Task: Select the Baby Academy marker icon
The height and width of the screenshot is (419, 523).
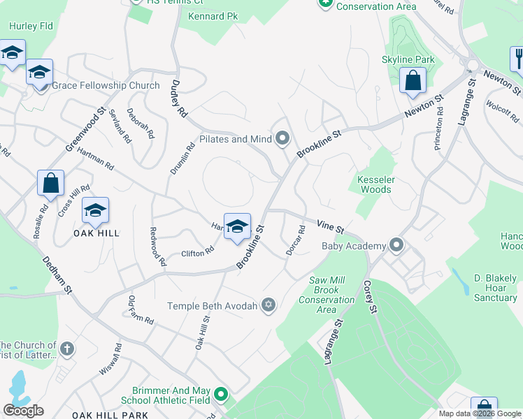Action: (397, 245)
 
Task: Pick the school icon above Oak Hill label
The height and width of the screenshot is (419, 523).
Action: (96, 209)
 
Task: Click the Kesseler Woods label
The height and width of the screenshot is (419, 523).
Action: (375, 184)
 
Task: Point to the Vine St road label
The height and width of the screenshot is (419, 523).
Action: (330, 227)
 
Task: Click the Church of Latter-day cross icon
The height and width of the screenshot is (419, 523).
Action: (66, 348)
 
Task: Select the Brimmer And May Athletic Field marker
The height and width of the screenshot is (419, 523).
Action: (221, 395)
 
